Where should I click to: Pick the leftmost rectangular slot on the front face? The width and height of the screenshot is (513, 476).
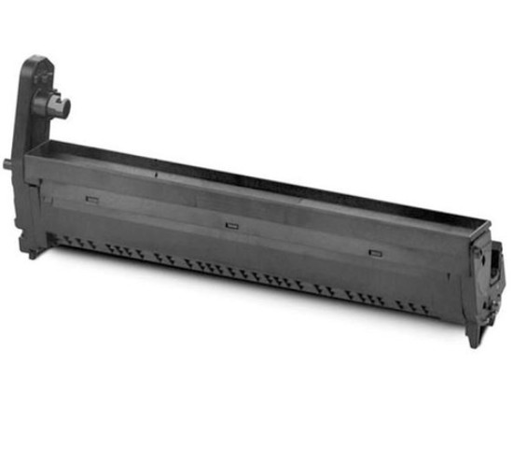pyautogui.click(x=91, y=198)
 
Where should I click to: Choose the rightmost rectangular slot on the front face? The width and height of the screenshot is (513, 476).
pyautogui.click(x=376, y=251)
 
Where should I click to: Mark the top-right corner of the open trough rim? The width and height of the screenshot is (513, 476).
pyautogui.click(x=489, y=222)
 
